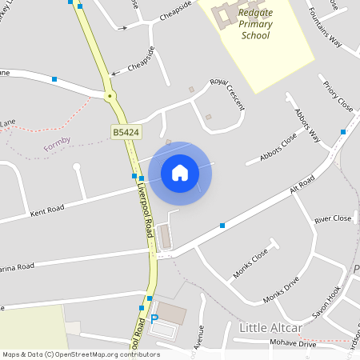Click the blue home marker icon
tap(180, 172)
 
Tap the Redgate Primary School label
tap(255, 24)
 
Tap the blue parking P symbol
tap(154, 318)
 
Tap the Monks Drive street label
tap(281, 290)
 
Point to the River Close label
tap(333, 218)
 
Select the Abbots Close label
tap(278, 147)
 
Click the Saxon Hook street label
tap(326, 302)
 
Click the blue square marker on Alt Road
tap(222, 226)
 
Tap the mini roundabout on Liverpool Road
tap(110, 96)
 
